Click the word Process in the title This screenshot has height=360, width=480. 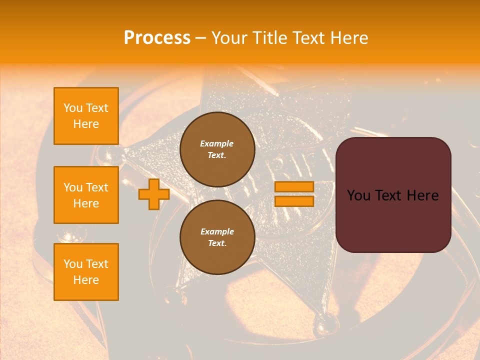click(x=157, y=38)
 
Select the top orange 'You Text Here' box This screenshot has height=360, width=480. click(x=86, y=116)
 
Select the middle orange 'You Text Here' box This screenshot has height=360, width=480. click(x=86, y=195)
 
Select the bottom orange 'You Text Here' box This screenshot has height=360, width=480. click(x=86, y=272)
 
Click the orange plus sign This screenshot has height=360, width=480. click(x=153, y=194)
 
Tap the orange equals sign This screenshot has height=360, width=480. click(x=294, y=194)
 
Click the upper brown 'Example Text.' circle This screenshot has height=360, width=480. click(x=217, y=149)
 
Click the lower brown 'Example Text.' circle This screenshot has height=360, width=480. click(x=217, y=237)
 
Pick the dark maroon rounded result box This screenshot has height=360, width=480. click(x=393, y=194)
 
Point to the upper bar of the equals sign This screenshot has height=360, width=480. click(x=294, y=187)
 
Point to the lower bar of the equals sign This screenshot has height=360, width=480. click(x=294, y=201)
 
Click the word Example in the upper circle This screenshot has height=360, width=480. click(x=217, y=143)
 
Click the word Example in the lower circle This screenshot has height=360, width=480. click(x=217, y=231)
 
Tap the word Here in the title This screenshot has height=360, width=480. click(x=349, y=38)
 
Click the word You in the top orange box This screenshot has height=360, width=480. click(x=73, y=108)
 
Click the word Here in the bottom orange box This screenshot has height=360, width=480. click(x=86, y=280)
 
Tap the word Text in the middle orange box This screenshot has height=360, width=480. click(x=96, y=187)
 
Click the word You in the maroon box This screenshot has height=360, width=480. click(x=358, y=195)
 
